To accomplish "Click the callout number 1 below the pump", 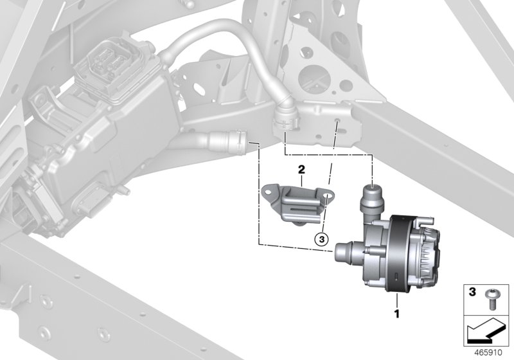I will (x=397, y=315).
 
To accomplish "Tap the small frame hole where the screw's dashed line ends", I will (x=337, y=120).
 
